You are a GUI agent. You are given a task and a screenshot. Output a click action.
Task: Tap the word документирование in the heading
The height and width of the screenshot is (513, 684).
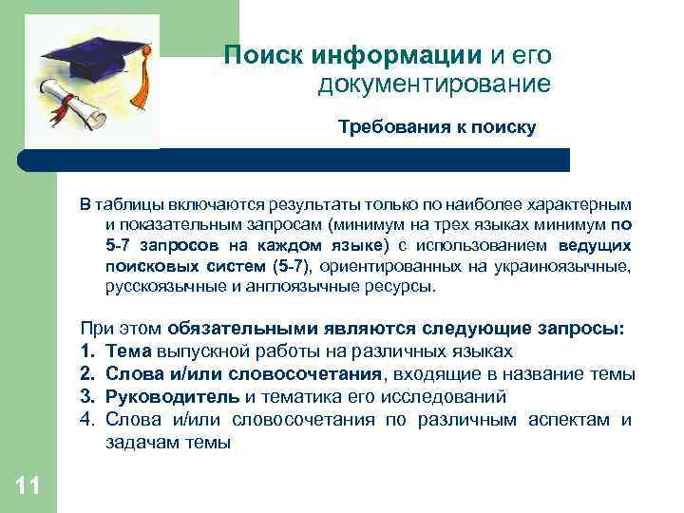coord(435,85)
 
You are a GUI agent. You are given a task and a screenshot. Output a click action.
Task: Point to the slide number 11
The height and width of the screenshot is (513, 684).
coord(28,487)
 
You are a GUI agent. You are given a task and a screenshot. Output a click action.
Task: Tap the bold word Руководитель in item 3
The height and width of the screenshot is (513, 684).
coord(173,397)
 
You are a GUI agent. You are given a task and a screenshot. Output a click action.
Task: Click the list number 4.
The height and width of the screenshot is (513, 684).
coord(88,420)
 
